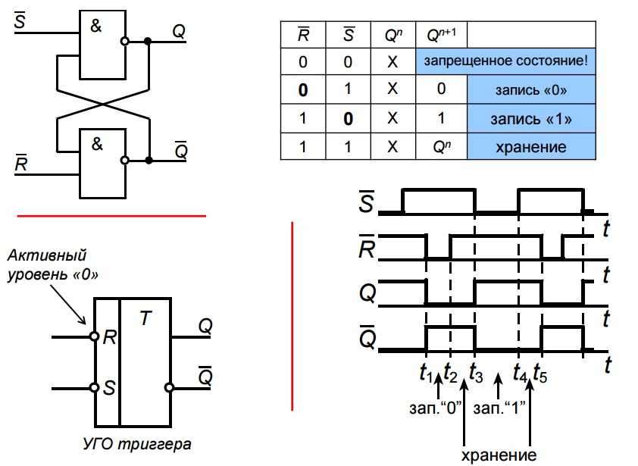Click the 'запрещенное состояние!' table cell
tap(505, 61)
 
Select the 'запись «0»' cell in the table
tap(531, 89)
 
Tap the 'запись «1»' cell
tap(531, 119)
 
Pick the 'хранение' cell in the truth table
tap(531, 146)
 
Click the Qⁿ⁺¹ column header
tap(442, 35)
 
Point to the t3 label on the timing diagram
tap(476, 373)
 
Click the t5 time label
tap(540, 373)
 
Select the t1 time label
tap(425, 373)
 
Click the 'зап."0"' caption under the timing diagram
tap(436, 408)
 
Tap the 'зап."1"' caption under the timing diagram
tap(499, 408)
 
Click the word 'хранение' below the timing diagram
tap(499, 455)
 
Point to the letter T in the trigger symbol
tap(145, 317)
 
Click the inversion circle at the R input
tap(95, 336)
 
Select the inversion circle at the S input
tap(95, 387)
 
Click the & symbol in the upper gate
tap(96, 26)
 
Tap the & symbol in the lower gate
tap(97, 144)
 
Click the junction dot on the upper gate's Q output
tap(148, 41)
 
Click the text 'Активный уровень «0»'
tap(53, 265)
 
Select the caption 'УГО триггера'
tap(136, 444)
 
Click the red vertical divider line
tap(292, 316)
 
